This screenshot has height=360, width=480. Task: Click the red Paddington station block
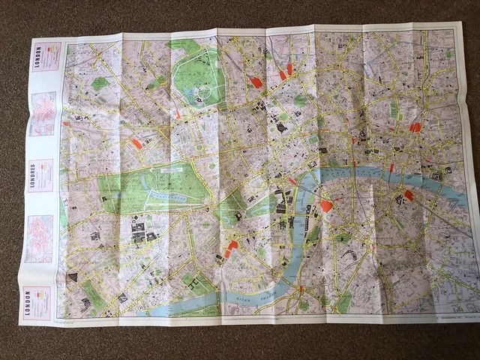[x=136, y=142]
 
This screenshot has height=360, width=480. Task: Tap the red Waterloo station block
[x=325, y=205]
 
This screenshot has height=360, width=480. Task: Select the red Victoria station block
[x=231, y=247]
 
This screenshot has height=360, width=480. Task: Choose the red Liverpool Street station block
[x=414, y=127]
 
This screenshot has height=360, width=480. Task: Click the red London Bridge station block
[x=409, y=195]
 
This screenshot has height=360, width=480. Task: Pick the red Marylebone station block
[x=178, y=114]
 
